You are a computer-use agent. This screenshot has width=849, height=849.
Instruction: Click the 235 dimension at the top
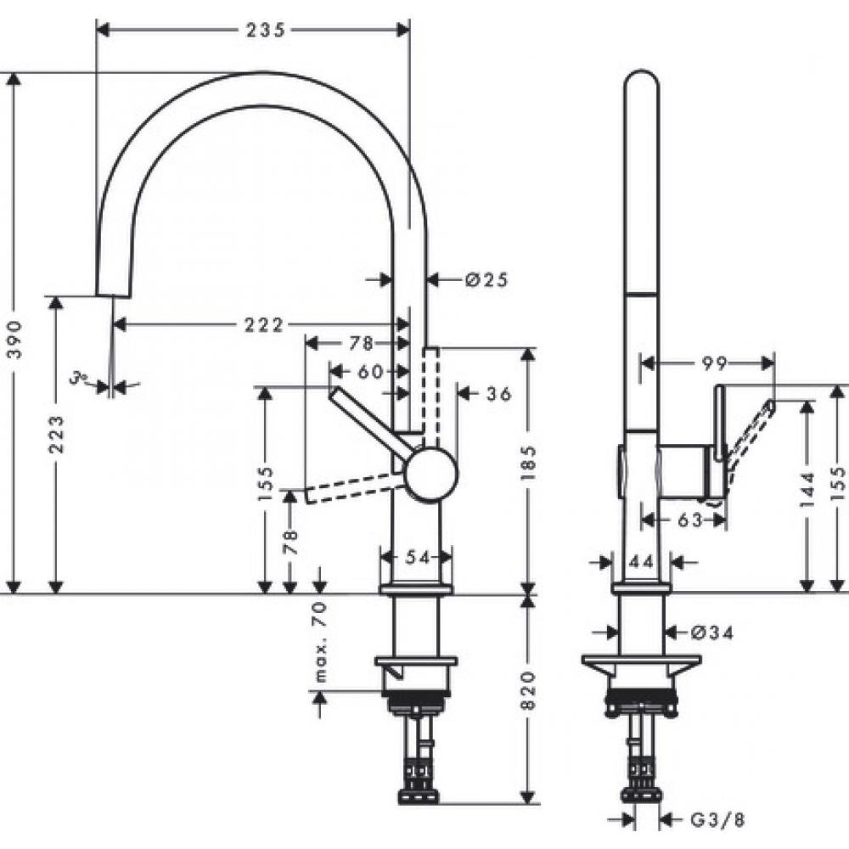(264, 30)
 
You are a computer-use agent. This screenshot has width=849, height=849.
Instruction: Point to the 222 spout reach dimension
(265, 323)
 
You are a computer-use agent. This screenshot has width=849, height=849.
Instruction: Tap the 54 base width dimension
(416, 557)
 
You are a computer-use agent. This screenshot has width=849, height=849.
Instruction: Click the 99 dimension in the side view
(714, 363)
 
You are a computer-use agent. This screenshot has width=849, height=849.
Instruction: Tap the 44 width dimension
(641, 561)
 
